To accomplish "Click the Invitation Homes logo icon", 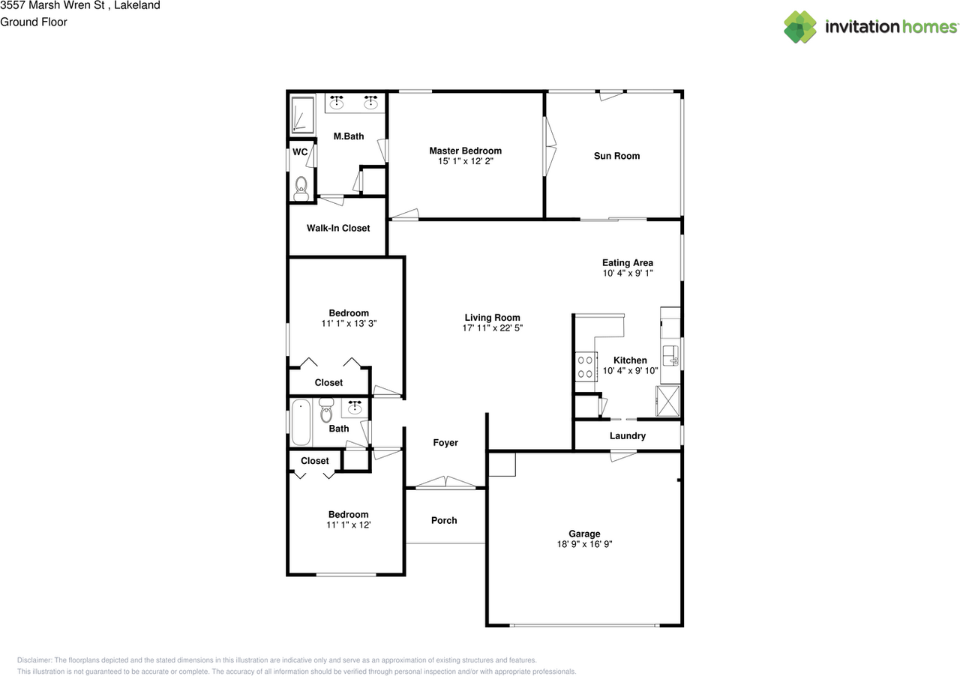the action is coord(800,27).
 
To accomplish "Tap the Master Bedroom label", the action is coord(466,151).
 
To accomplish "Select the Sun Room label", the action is coord(616,156).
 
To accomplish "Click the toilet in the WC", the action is coord(301,189).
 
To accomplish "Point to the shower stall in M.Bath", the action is coord(303,115).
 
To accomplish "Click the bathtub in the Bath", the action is coord(301,423).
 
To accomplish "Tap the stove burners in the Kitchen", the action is coord(586,367).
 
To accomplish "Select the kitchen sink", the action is coord(670,355).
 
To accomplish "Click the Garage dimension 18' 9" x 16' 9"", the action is coord(584,544).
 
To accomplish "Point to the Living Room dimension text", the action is coord(493,328).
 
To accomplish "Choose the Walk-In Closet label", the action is coord(338,228).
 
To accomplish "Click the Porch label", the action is coord(444,520).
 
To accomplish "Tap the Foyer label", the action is coord(445,442).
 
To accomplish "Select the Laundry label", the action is coord(628,435).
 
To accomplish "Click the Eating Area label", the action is coord(628,262).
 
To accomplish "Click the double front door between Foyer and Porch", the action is coord(445,482).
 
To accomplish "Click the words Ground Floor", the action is coord(34,22).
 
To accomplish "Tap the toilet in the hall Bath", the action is coord(326,409).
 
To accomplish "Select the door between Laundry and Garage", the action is coord(623,455).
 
